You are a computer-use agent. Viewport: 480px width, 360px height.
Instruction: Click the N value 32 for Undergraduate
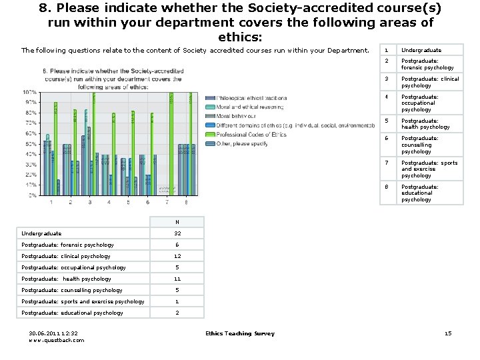[177, 233]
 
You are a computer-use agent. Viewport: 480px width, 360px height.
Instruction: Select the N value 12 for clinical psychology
[177, 256]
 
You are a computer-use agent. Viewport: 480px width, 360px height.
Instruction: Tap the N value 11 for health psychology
[177, 279]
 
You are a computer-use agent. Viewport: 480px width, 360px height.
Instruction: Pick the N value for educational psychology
[177, 313]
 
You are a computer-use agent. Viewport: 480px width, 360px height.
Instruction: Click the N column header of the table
[177, 222]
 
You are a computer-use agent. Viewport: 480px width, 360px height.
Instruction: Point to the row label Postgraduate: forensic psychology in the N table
[67, 245]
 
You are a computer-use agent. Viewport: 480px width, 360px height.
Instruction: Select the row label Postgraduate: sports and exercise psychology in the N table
[83, 301]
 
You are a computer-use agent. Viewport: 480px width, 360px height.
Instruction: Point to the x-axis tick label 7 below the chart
[167, 202]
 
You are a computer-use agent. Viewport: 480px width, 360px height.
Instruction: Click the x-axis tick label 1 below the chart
[51, 202]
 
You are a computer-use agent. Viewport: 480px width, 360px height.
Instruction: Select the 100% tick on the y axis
[30, 92]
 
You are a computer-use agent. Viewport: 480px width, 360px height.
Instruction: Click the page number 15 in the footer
[447, 333]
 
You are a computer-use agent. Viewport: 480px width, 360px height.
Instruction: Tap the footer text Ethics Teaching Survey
[239, 333]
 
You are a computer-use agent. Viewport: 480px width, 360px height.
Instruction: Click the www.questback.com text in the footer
[57, 340]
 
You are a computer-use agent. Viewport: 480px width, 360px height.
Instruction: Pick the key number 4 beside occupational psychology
[386, 97]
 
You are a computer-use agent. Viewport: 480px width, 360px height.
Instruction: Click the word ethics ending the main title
[239, 37]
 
